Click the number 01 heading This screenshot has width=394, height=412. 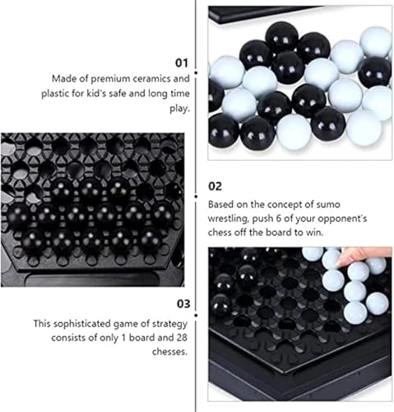pyautogui.click(x=182, y=63)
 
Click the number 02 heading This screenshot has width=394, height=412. pyautogui.click(x=215, y=186)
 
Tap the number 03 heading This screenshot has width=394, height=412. pyautogui.click(x=183, y=304)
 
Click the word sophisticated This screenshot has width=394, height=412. pyautogui.click(x=82, y=324)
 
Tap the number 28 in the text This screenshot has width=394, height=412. pyautogui.click(x=182, y=338)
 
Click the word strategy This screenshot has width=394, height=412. pyautogui.click(x=169, y=325)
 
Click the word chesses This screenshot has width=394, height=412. pyautogui.click(x=169, y=352)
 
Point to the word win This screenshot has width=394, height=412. pyautogui.click(x=316, y=232)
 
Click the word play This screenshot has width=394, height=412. pyautogui.click(x=180, y=109)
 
